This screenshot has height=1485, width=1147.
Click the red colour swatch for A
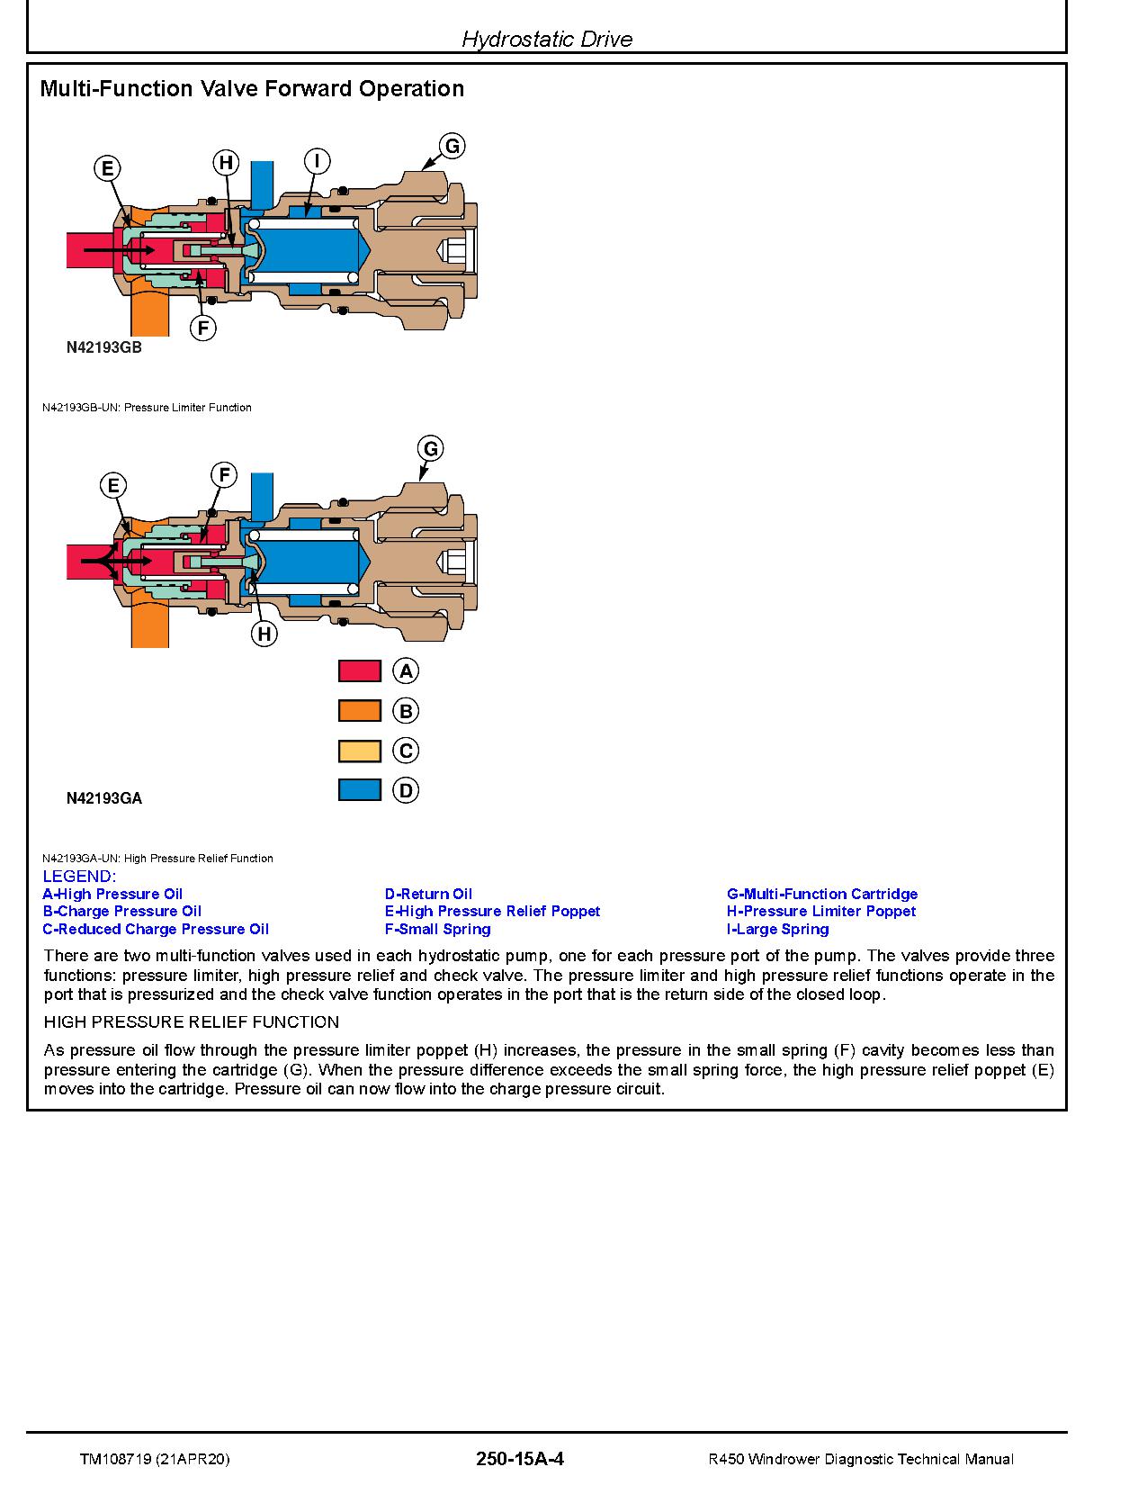click(x=359, y=671)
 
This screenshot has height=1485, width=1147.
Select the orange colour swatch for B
click(x=359, y=711)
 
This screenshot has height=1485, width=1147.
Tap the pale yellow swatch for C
click(x=359, y=751)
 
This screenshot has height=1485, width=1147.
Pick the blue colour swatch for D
click(x=359, y=790)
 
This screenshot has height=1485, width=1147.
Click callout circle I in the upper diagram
click(x=317, y=161)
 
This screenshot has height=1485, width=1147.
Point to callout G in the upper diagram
click(x=452, y=146)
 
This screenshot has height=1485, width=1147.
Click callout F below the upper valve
click(x=203, y=328)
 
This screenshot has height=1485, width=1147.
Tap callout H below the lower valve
click(x=264, y=634)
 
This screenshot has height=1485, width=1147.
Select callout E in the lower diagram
click(x=113, y=486)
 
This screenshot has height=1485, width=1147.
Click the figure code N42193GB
click(x=103, y=347)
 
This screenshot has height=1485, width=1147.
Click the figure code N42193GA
click(x=103, y=797)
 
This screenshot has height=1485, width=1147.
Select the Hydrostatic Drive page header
click(x=546, y=39)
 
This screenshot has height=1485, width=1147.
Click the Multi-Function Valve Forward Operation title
click(x=252, y=88)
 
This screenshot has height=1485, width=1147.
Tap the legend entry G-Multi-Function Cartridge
click(x=822, y=894)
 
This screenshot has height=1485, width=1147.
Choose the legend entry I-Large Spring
click(x=777, y=929)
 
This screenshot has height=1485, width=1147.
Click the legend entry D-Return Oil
click(x=428, y=894)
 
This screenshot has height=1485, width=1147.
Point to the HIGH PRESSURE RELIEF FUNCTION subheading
click(x=192, y=1022)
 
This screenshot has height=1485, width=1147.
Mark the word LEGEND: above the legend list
click(x=79, y=877)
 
